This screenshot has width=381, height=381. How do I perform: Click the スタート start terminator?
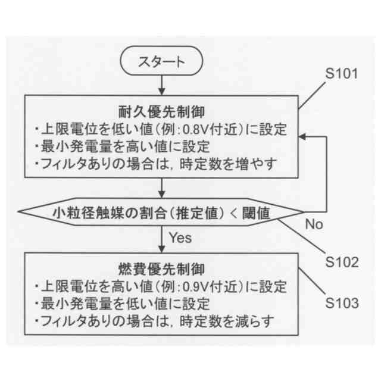point(161,61)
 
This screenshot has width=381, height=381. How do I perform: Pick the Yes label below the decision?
point(180,238)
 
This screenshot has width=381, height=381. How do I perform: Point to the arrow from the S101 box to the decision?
point(161,190)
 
